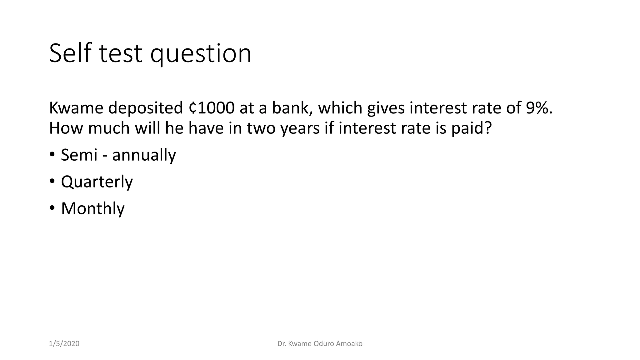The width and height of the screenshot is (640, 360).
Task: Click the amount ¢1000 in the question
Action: click(x=212, y=108)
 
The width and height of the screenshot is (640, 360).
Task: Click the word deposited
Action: click(x=145, y=108)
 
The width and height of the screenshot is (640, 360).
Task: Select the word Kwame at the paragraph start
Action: click(x=76, y=108)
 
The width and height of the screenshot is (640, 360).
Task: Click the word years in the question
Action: click(x=300, y=128)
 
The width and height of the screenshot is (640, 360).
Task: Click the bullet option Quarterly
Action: click(x=97, y=182)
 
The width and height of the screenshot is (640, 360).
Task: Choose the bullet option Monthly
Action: click(x=93, y=208)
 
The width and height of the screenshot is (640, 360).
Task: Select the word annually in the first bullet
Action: click(x=144, y=155)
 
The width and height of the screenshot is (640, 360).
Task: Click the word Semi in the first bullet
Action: click(x=79, y=155)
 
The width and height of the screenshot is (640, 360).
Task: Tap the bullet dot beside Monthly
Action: click(x=52, y=208)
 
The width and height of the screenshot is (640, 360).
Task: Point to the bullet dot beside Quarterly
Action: click(x=52, y=181)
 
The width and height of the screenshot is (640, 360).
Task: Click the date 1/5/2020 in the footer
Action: click(x=64, y=344)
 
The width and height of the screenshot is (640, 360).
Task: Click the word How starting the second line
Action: click(x=66, y=128)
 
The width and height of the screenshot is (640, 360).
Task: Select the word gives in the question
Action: click(x=386, y=108)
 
